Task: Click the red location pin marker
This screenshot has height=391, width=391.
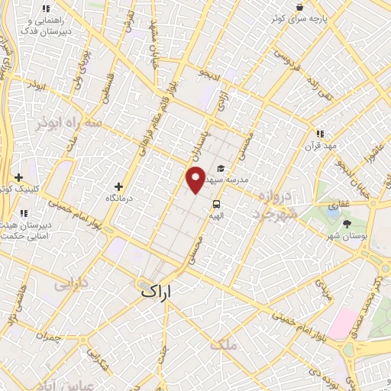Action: [195, 179]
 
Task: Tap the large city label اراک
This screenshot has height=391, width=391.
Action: [157, 291]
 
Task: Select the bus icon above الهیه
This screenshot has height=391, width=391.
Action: [217, 204]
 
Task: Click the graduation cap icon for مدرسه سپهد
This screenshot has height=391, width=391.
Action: [221, 169]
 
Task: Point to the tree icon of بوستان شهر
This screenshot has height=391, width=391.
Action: [347, 224]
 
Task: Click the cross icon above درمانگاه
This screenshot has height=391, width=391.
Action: [118, 186]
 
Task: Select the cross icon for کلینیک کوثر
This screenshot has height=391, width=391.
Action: [18, 177]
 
